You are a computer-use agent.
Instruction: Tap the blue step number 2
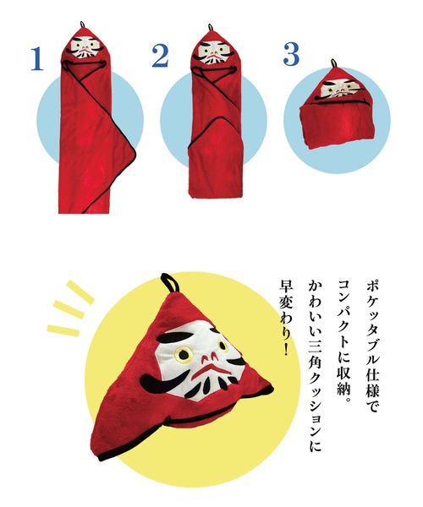[161, 57]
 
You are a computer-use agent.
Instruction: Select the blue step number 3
[291, 55]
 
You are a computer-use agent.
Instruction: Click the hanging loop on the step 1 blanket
[81, 23]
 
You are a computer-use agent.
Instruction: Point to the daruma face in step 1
[85, 47]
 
